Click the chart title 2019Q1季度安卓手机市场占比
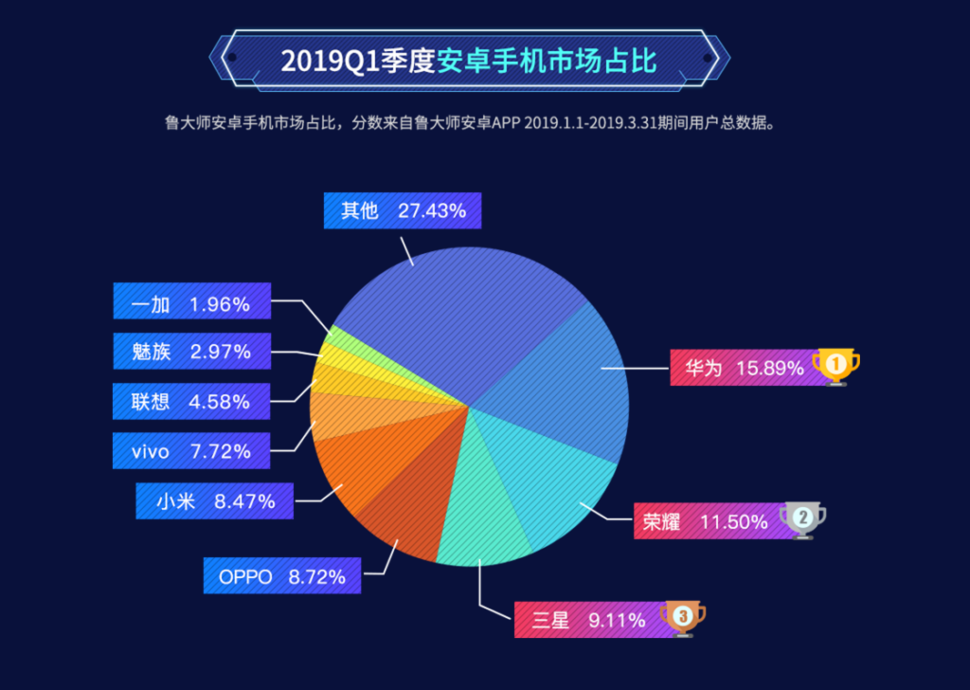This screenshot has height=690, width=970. pyautogui.click(x=469, y=62)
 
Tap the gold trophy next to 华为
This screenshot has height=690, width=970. pyautogui.click(x=836, y=367)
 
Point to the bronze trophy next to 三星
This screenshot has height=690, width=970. pyautogui.click(x=682, y=619)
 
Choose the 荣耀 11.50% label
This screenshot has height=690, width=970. pyautogui.click(x=705, y=521)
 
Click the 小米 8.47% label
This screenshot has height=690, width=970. pyautogui.click(x=213, y=501)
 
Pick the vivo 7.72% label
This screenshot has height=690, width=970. pyautogui.click(x=191, y=451)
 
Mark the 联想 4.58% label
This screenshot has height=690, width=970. pyautogui.click(x=191, y=401)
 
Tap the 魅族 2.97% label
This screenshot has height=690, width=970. pyautogui.click(x=191, y=352)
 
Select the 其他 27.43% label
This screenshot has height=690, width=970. pyautogui.click(x=403, y=210)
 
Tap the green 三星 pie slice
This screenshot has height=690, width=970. pyautogui.click(x=483, y=512)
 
